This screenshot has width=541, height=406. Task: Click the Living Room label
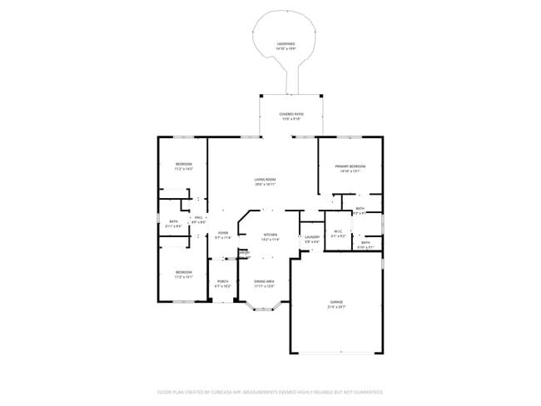(x=265, y=180)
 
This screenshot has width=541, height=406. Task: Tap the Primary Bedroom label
(x=350, y=166)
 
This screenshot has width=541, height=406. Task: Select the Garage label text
(x=336, y=301)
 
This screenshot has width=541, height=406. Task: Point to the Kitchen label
(x=270, y=235)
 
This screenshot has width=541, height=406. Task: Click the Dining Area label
(x=264, y=282)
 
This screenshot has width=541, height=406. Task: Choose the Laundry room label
(x=312, y=238)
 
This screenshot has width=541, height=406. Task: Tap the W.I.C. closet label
(x=338, y=232)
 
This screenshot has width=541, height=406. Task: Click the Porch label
(x=222, y=282)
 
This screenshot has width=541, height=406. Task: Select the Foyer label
(x=223, y=233)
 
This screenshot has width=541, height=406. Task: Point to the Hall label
(x=199, y=218)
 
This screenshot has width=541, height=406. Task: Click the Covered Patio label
(x=290, y=114)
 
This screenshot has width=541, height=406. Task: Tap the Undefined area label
(x=286, y=44)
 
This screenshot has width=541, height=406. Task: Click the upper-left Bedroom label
(x=184, y=164)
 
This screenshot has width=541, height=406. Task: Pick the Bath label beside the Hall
(x=173, y=223)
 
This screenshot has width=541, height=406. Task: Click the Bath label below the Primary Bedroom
(x=360, y=209)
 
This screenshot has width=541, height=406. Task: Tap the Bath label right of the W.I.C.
(x=365, y=243)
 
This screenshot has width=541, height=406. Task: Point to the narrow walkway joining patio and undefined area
(x=292, y=82)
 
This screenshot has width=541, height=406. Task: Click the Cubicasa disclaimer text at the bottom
(x=270, y=390)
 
